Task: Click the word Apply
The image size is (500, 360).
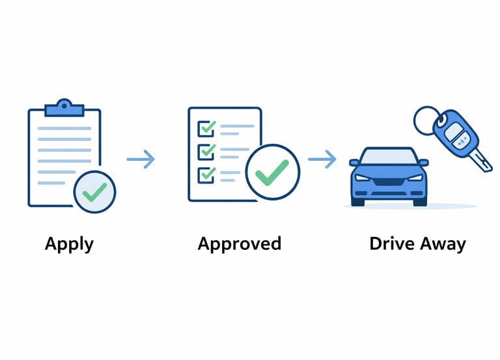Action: (x=69, y=245)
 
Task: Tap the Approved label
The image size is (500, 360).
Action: (x=239, y=244)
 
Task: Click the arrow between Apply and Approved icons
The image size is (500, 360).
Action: (x=141, y=158)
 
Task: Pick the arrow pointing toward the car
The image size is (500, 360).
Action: (x=322, y=158)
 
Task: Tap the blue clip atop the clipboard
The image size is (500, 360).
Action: (x=64, y=107)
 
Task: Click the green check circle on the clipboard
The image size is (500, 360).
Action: (x=94, y=192)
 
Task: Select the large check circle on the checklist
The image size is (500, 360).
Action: (x=272, y=172)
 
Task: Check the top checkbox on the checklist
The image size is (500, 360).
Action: (x=206, y=127)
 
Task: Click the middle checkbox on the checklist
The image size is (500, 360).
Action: (x=206, y=151)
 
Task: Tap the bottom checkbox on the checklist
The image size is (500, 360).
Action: (x=206, y=174)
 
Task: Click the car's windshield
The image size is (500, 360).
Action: (x=389, y=157)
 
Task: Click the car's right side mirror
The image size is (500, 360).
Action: (x=424, y=162)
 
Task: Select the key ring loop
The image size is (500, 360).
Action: (x=428, y=121)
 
